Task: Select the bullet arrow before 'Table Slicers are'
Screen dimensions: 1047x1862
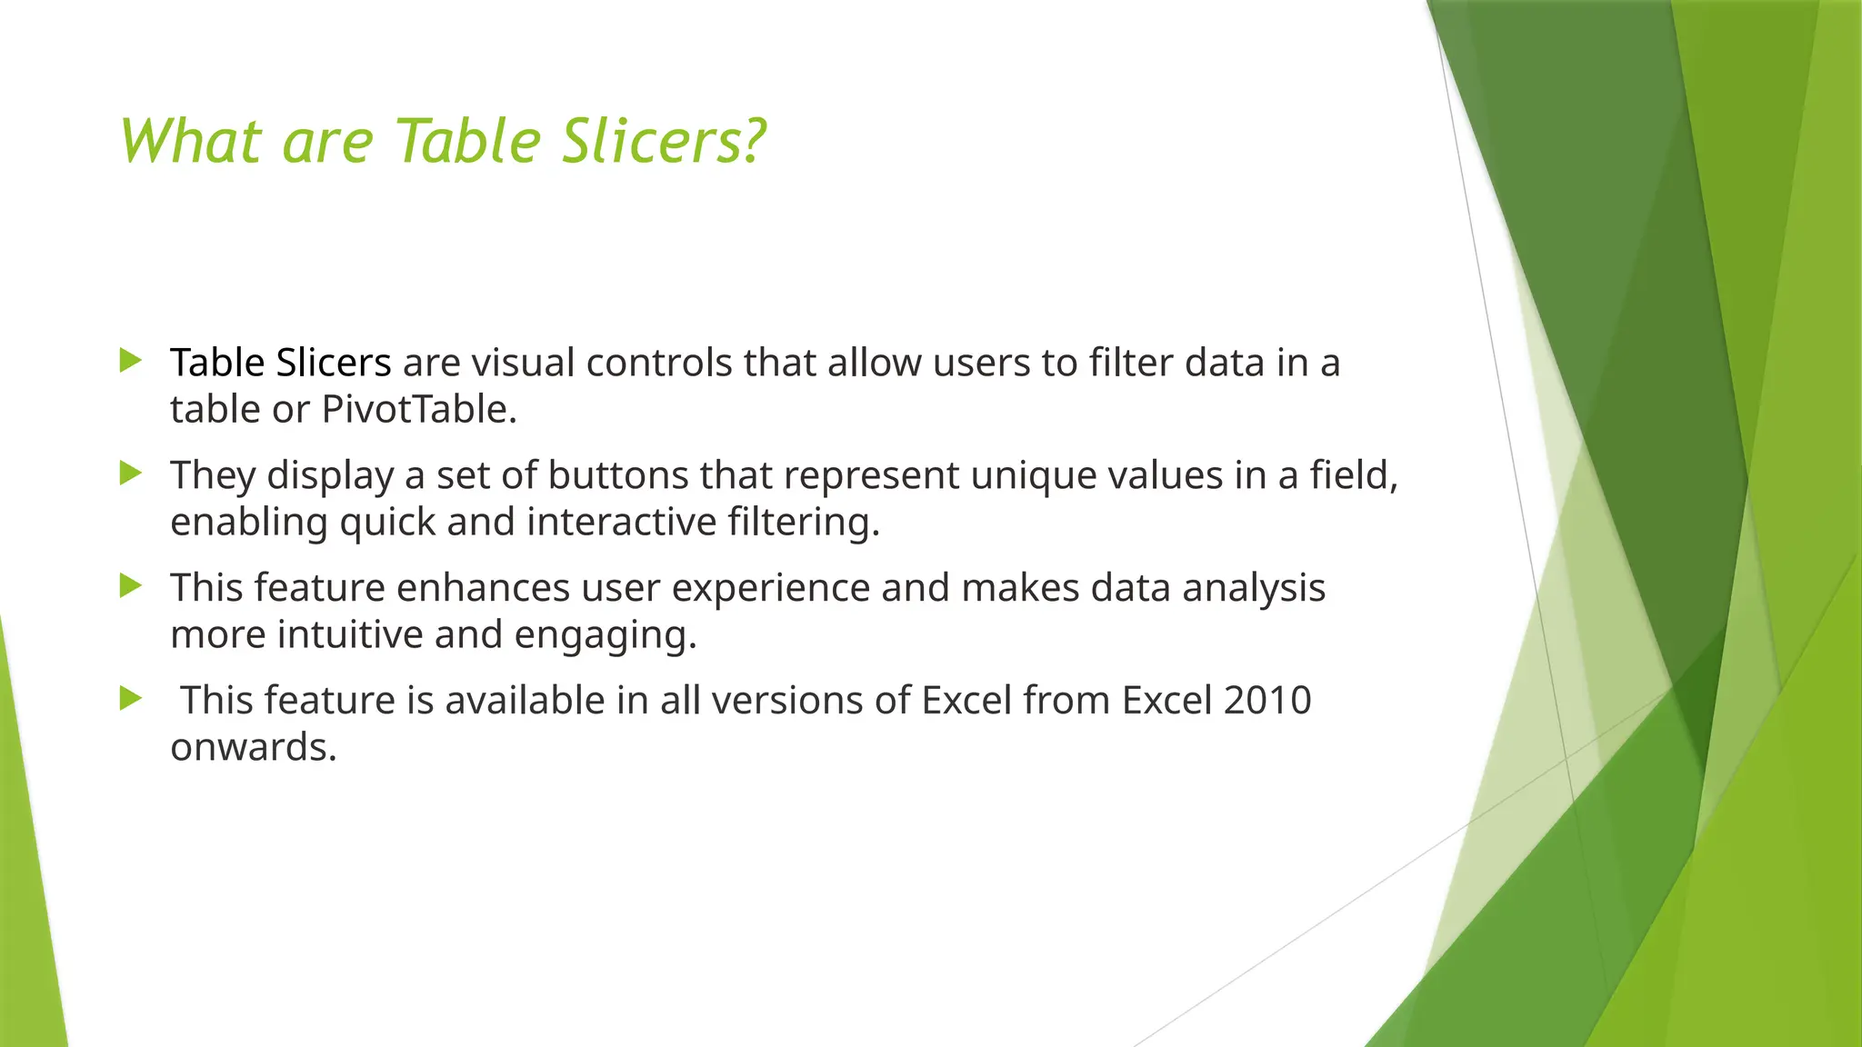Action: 131,361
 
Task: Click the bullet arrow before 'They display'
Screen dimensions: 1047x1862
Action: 131,474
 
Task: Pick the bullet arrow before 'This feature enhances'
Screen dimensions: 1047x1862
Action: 131,586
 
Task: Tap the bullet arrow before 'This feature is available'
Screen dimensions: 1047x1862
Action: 131,699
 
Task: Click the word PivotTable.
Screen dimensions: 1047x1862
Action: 419,410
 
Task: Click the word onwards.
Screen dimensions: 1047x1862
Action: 253,748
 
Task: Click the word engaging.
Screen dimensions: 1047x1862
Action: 605,635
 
